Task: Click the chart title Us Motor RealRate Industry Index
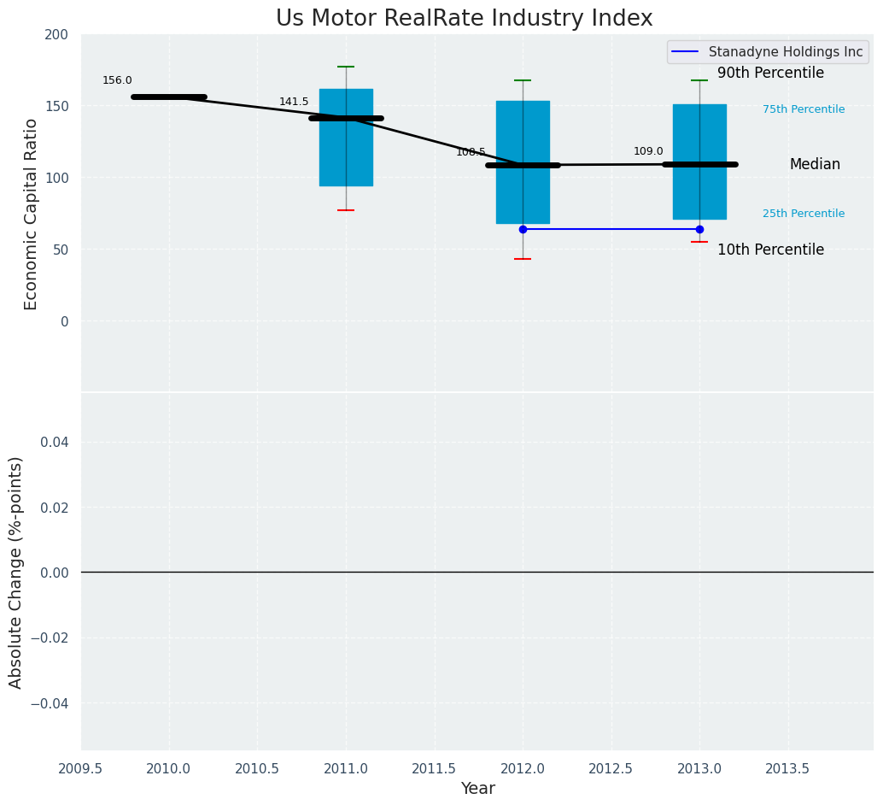pos(464,19)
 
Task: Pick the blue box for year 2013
pos(699,192)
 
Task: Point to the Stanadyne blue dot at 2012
pos(523,229)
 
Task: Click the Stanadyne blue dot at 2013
pos(699,229)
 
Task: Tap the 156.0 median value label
pos(117,81)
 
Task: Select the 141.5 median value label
pos(294,103)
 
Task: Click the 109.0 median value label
pos(648,152)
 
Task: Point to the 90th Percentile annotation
pos(770,73)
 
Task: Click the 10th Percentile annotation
pos(770,250)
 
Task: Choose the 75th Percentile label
pos(804,109)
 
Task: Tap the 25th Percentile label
pos(804,214)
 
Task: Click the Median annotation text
pos(815,165)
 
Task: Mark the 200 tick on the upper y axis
pos(56,35)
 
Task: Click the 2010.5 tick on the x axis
pos(257,769)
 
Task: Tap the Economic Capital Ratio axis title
pos(32,214)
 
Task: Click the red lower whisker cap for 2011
pos(346,210)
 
